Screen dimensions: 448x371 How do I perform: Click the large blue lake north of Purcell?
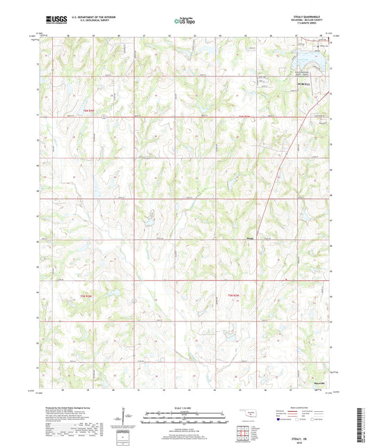click(x=310, y=61)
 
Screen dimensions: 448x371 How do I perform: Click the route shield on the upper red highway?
click(x=102, y=117)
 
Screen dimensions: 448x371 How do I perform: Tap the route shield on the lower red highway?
click(x=132, y=301)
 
